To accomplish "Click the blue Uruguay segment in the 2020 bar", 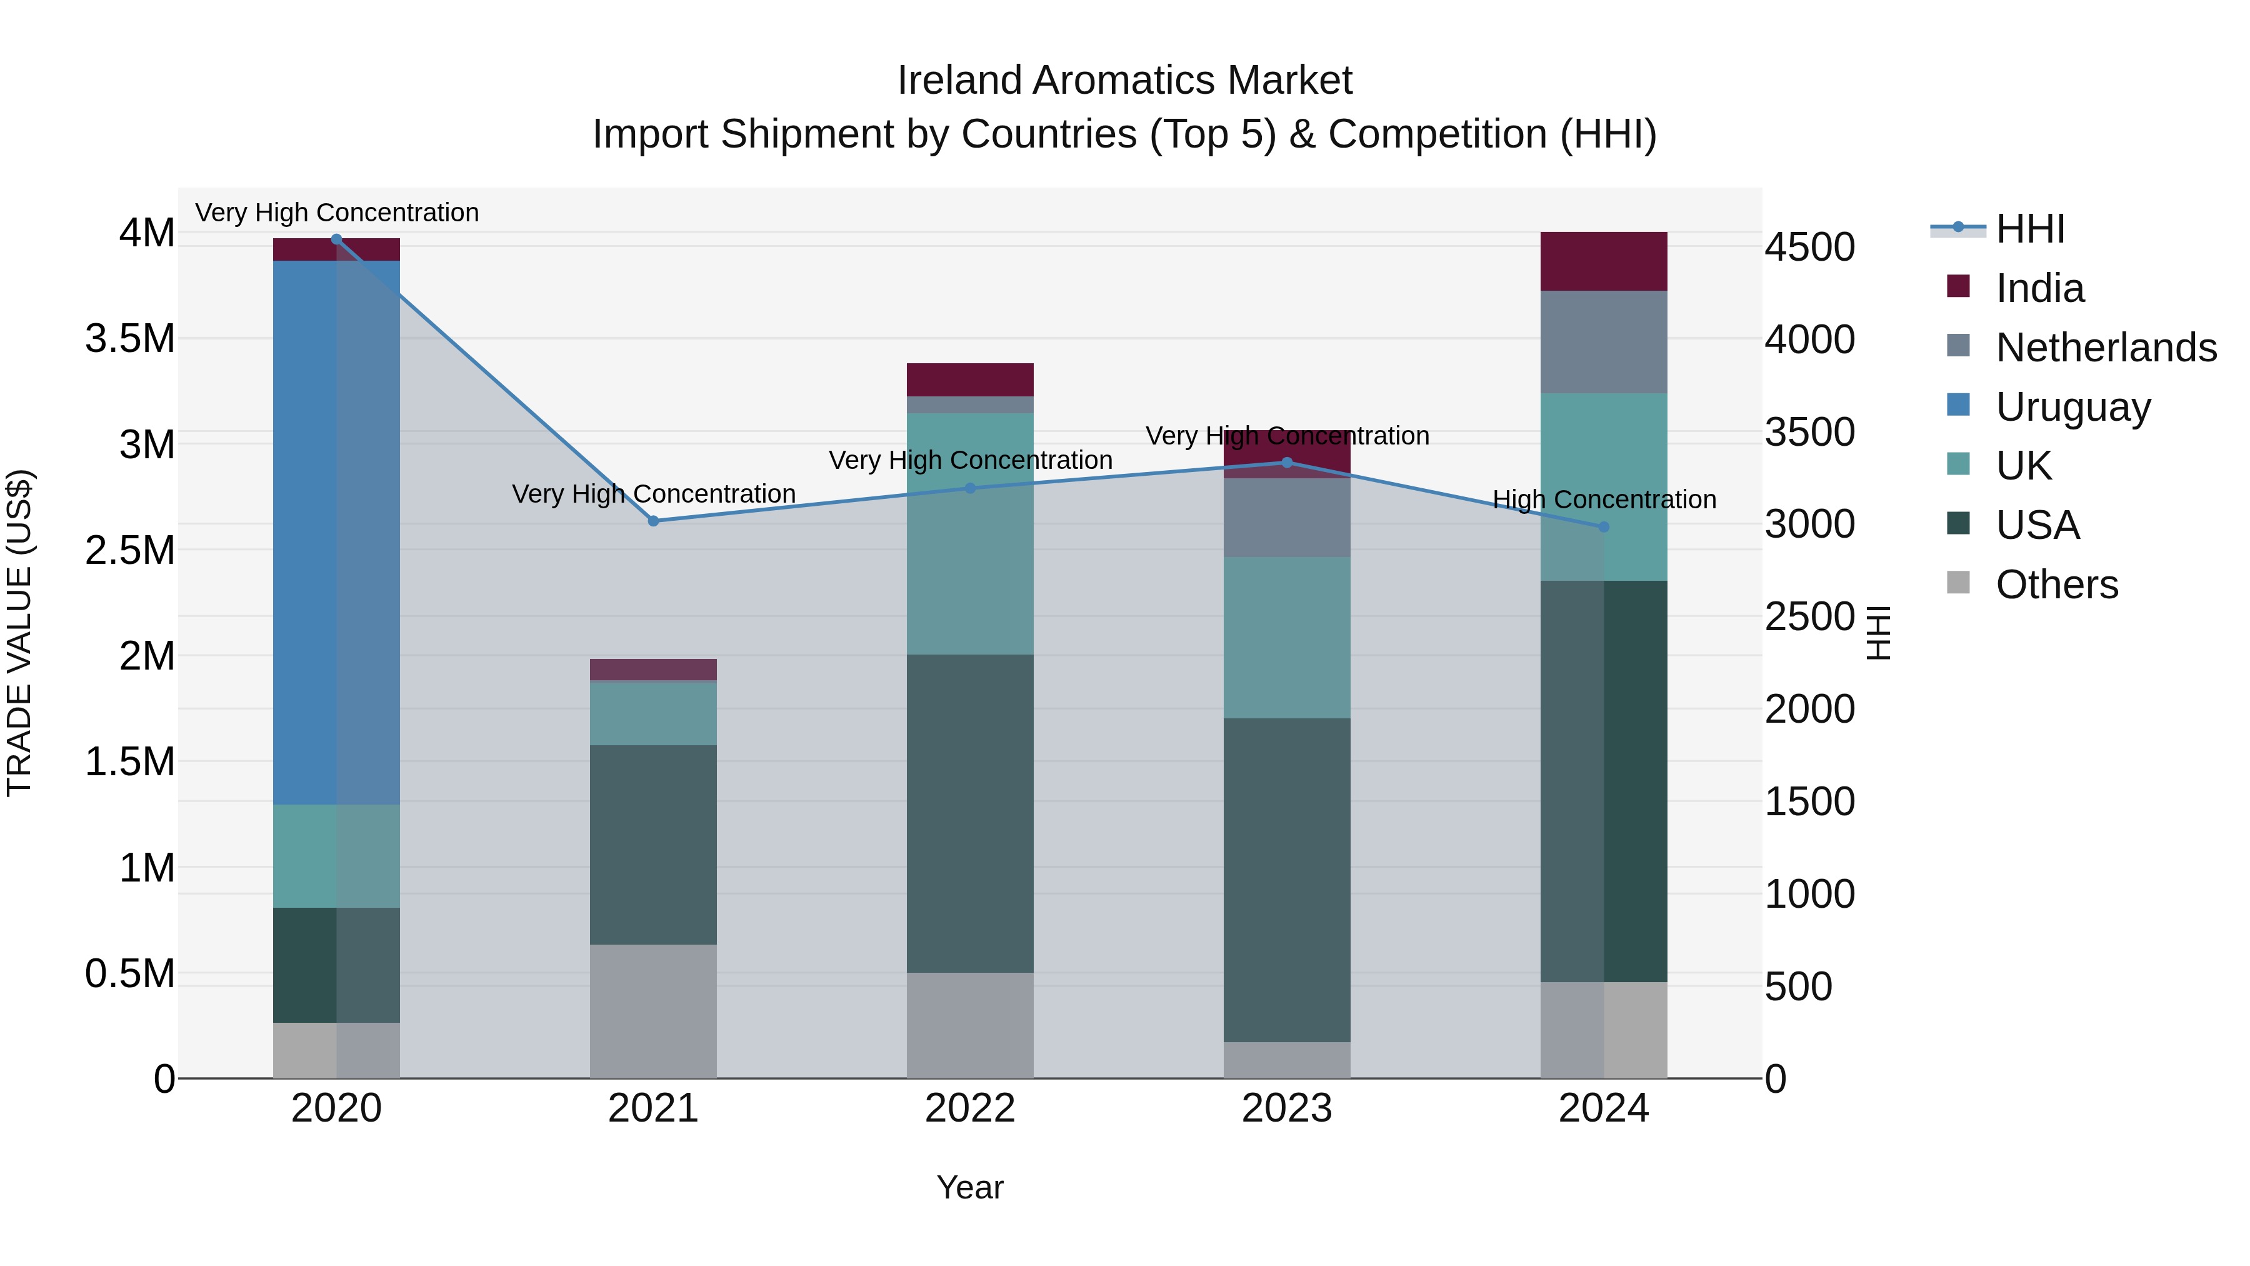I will (336, 533).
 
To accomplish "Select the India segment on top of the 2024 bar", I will (1604, 261).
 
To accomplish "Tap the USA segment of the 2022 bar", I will (969, 813).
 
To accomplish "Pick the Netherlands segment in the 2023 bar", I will (1287, 517).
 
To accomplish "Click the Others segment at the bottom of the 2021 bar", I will (653, 1011).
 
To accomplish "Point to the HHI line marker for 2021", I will (653, 521).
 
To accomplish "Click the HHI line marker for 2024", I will (1604, 527).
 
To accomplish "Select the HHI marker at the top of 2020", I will (336, 239).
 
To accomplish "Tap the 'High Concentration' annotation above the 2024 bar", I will (1604, 500).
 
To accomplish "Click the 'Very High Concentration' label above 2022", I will (969, 460).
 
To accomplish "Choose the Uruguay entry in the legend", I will (2072, 407).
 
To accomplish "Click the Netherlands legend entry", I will (2105, 348).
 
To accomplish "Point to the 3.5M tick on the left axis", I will (129, 339).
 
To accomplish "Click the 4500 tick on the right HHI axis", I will (1810, 247).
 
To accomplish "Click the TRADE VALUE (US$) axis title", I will (19, 633).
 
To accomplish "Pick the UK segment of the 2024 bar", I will (1604, 486).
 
